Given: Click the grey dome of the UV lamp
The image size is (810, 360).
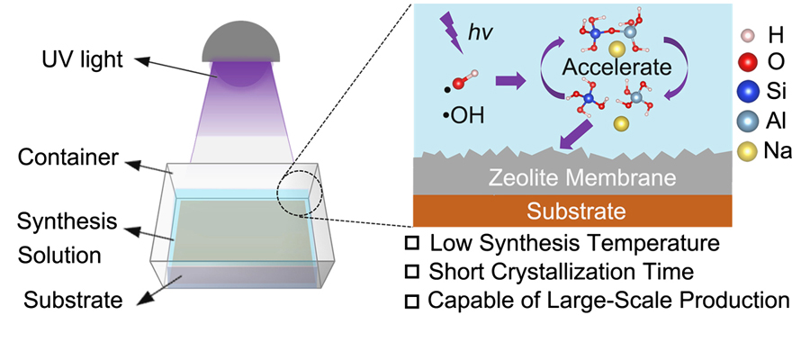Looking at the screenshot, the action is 240,44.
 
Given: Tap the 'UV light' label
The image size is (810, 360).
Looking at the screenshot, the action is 83,60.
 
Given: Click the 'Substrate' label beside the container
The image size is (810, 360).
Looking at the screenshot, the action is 74,300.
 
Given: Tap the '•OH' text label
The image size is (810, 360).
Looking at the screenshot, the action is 463,117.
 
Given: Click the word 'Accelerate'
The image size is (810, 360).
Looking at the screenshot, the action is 616,67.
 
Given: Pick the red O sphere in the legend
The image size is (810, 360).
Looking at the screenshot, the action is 748,61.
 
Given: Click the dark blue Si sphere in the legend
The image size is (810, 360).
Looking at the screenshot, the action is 748,94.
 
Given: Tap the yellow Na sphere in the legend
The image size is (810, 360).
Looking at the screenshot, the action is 749,152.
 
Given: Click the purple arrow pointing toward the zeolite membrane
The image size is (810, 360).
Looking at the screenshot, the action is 573,135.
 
